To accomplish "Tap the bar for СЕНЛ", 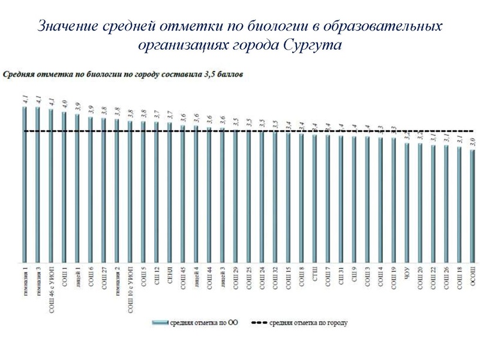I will (x=169, y=192).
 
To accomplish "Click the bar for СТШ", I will (x=314, y=199).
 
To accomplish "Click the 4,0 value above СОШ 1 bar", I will (x=64, y=104).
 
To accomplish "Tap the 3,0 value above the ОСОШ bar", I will (x=473, y=142).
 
